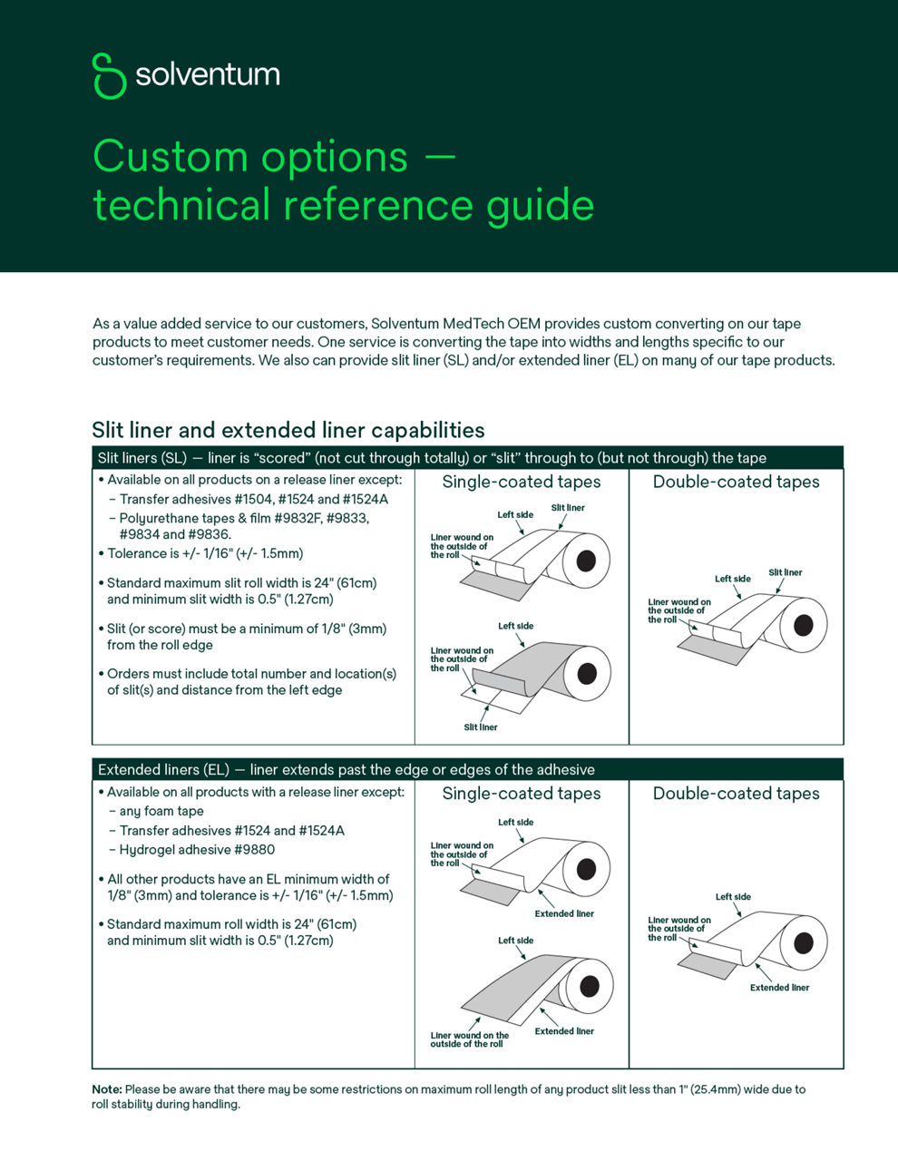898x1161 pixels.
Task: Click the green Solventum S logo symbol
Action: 109,75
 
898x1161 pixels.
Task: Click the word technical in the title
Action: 181,205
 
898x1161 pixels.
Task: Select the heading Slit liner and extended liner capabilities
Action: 288,430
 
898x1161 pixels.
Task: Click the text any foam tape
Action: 161,811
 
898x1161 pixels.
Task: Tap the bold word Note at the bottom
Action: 106,1089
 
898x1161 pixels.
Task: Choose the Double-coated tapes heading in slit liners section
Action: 736,483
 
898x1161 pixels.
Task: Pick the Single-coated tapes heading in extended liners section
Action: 522,794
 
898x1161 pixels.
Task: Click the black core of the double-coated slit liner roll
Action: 803,625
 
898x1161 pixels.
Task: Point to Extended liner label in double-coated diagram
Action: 779,988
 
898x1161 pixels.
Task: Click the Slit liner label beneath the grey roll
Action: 480,727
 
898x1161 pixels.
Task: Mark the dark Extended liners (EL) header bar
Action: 467,769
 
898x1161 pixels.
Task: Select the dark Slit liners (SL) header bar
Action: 467,458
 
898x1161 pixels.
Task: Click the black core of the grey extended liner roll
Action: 589,986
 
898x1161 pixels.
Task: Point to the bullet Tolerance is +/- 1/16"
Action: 205,553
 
